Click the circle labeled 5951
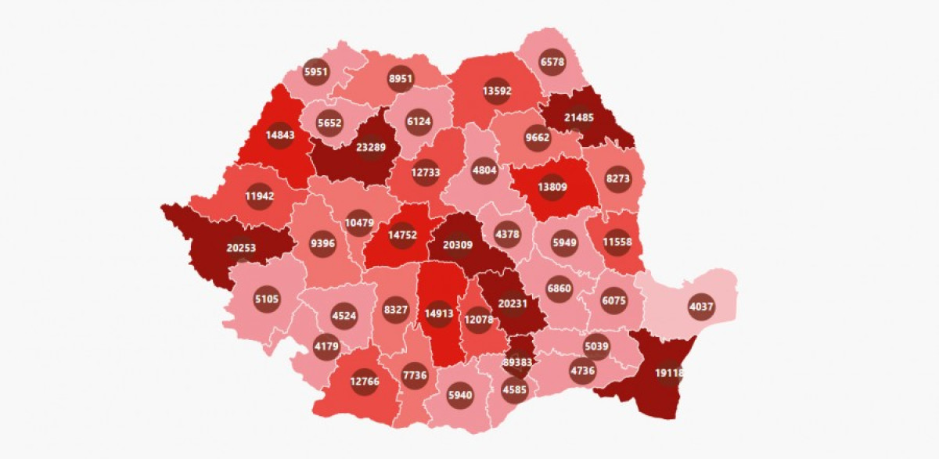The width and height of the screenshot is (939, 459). click(317, 72)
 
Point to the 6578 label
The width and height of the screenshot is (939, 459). click(552, 62)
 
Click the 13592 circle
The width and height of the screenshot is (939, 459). click(498, 90)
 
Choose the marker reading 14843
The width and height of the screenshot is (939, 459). click(279, 134)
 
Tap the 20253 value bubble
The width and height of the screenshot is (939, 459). click(242, 248)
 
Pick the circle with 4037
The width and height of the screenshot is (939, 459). click(700, 307)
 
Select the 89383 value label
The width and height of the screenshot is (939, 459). click(517, 362)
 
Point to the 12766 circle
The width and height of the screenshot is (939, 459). click(364, 382)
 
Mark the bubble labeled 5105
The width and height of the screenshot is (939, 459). click(267, 298)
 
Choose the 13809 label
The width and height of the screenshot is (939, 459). click(552, 187)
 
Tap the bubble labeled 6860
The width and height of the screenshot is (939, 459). click(559, 289)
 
